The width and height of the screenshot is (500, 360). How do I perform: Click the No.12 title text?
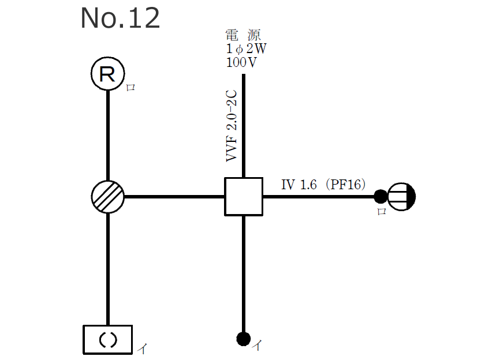120,18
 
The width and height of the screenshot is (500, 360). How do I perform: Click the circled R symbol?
108,74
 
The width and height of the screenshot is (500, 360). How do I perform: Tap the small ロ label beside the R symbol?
130,88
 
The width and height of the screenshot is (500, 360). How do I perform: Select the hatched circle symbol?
108,197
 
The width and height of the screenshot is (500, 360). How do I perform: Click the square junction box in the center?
243,197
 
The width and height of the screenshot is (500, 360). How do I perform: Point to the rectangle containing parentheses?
108,339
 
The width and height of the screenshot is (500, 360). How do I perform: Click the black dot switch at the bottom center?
243,338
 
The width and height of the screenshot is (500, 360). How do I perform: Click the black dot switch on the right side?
380,197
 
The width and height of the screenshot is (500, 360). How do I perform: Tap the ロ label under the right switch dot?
381,212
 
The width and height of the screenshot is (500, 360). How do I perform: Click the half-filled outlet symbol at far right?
401,197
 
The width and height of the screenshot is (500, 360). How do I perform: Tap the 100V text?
242,62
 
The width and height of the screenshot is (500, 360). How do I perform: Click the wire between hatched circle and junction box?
173,197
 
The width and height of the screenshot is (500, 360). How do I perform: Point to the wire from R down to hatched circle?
108,136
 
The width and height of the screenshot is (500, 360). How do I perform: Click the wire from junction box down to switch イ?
243,271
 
